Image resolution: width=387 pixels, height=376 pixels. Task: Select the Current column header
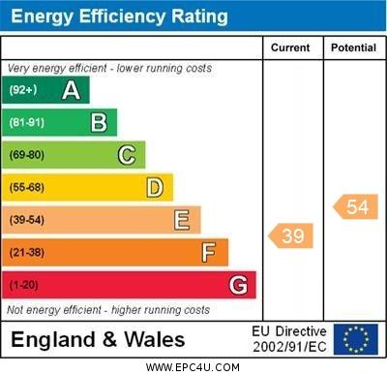tap(290, 47)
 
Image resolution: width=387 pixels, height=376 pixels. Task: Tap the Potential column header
tap(353, 47)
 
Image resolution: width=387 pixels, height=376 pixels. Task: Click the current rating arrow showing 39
tap(291, 235)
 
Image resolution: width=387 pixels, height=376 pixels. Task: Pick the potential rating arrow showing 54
tap(355, 206)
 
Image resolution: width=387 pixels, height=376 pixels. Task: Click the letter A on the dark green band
tap(71, 90)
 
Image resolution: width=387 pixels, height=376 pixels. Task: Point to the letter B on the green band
tap(99, 122)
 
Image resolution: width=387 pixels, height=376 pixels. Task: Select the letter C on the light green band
tap(127, 155)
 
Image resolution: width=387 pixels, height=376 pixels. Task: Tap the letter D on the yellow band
tap(155, 187)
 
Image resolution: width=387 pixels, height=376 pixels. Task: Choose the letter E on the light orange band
tap(182, 220)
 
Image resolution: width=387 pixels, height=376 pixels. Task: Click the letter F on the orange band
tap(209, 252)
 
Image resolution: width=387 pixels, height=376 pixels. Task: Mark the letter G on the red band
tap(238, 285)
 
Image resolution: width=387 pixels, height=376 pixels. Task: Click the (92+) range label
tap(24, 90)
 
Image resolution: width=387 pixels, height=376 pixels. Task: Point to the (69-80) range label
tap(27, 155)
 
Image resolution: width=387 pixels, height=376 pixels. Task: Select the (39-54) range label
tap(27, 220)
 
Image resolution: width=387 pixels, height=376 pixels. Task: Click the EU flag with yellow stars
tap(356, 339)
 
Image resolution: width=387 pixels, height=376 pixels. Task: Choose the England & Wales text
tap(98, 340)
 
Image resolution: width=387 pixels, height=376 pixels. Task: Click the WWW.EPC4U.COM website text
tap(193, 367)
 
